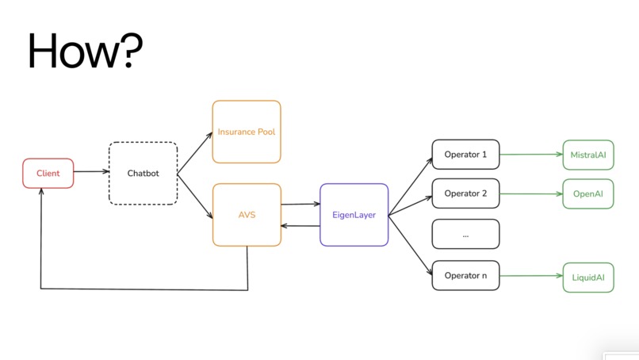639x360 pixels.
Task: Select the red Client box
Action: click(x=48, y=173)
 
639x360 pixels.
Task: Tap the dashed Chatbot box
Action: click(x=143, y=173)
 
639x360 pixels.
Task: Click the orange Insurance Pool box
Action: click(x=247, y=132)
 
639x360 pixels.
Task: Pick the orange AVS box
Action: click(x=247, y=214)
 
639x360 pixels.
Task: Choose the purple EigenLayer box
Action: click(x=354, y=214)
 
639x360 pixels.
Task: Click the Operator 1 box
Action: click(x=465, y=155)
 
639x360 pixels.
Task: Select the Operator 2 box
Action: click(x=465, y=193)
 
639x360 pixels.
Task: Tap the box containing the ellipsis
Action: click(x=465, y=235)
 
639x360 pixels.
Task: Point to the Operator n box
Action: click(x=465, y=275)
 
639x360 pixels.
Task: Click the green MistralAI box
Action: click(x=587, y=155)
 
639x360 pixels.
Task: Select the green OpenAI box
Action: click(x=587, y=193)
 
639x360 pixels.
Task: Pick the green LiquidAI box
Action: click(x=587, y=277)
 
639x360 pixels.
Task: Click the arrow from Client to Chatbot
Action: click(x=91, y=171)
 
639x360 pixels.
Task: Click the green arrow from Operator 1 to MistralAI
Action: click(x=530, y=155)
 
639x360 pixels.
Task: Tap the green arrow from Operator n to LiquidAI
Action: click(x=530, y=276)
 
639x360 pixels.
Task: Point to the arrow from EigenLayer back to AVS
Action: click(x=300, y=225)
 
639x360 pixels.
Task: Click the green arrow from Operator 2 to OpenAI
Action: click(x=530, y=193)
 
